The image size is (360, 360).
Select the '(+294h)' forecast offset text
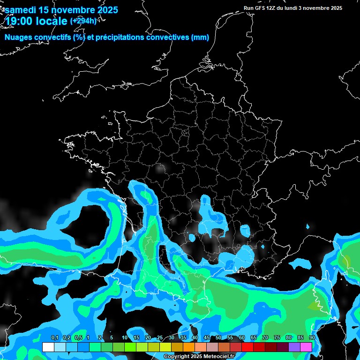(83, 21)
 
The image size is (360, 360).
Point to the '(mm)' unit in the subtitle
(200, 37)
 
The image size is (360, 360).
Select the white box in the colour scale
(48, 347)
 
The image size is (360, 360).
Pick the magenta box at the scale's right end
(306, 347)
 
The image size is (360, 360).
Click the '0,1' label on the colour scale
(54, 338)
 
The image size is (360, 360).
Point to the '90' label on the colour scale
(312, 338)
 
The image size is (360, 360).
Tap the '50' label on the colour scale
(218, 338)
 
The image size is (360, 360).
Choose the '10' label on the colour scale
(125, 338)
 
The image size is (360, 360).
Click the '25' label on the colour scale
(160, 338)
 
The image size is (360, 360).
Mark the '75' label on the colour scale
(277, 338)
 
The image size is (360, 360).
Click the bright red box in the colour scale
(247, 347)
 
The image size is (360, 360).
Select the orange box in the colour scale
(189, 347)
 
